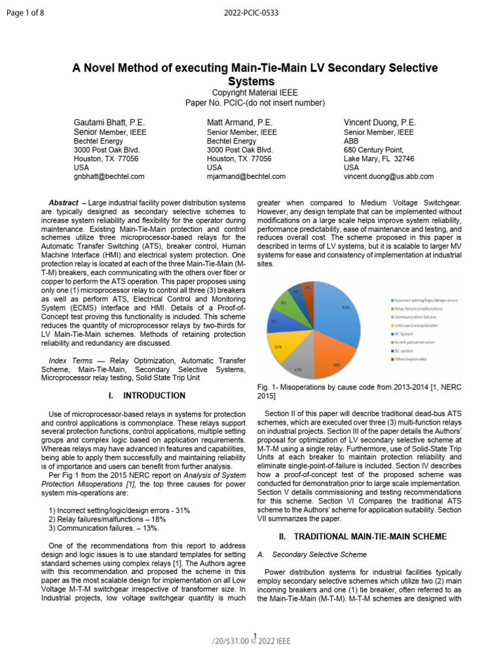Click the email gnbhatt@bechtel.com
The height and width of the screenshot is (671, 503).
(109, 176)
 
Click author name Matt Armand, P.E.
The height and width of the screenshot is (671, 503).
(240, 123)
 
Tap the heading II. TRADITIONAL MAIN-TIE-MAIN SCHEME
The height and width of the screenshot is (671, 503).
(363, 537)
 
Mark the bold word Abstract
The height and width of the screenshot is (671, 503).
(64, 202)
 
